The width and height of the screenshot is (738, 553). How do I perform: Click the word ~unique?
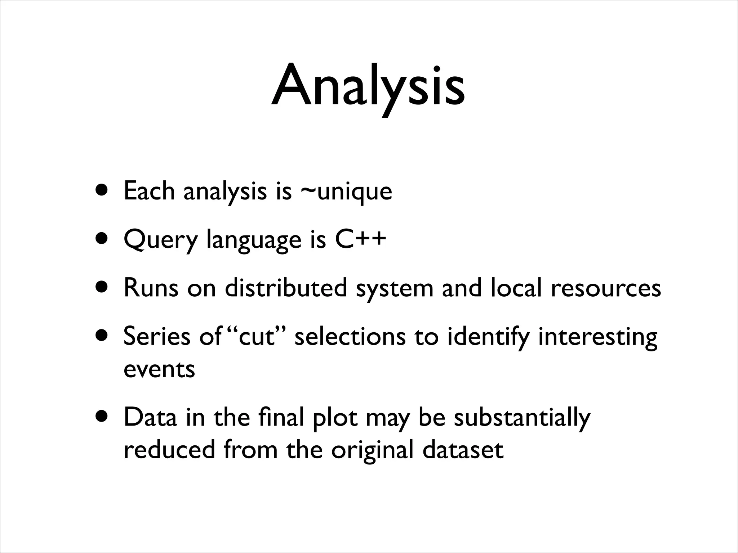(346, 192)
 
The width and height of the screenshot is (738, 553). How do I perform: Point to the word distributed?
(286, 288)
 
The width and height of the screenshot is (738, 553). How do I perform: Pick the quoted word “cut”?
(255, 337)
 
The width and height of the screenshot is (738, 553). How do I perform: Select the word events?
(159, 369)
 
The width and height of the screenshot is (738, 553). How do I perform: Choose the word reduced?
(169, 450)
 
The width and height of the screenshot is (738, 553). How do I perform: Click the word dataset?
(463, 450)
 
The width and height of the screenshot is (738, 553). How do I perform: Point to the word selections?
(350, 337)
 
